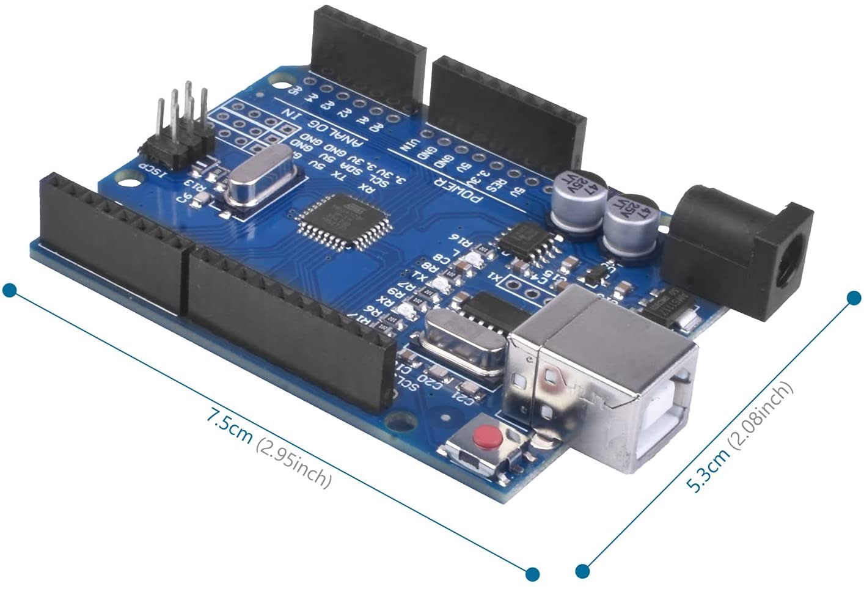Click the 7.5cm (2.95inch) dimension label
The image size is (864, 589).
point(269,449)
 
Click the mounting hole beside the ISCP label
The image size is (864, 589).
point(128,180)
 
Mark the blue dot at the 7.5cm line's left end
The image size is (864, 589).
point(9,290)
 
